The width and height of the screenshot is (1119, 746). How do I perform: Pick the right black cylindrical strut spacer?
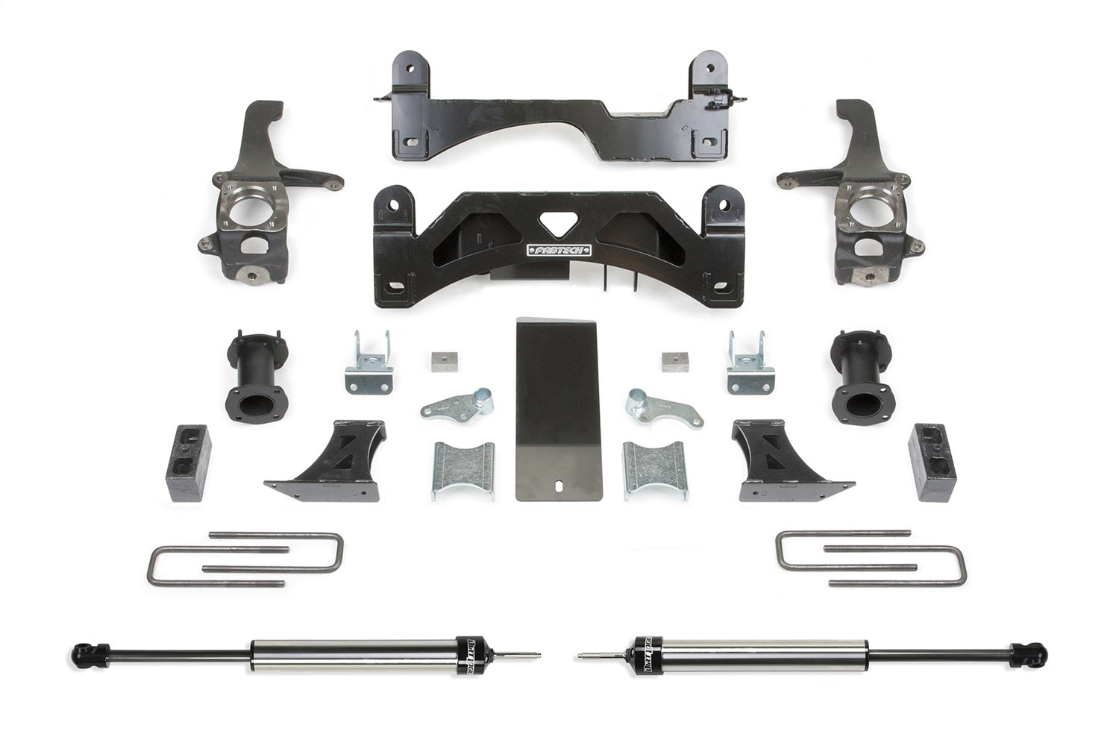click(862, 378)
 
